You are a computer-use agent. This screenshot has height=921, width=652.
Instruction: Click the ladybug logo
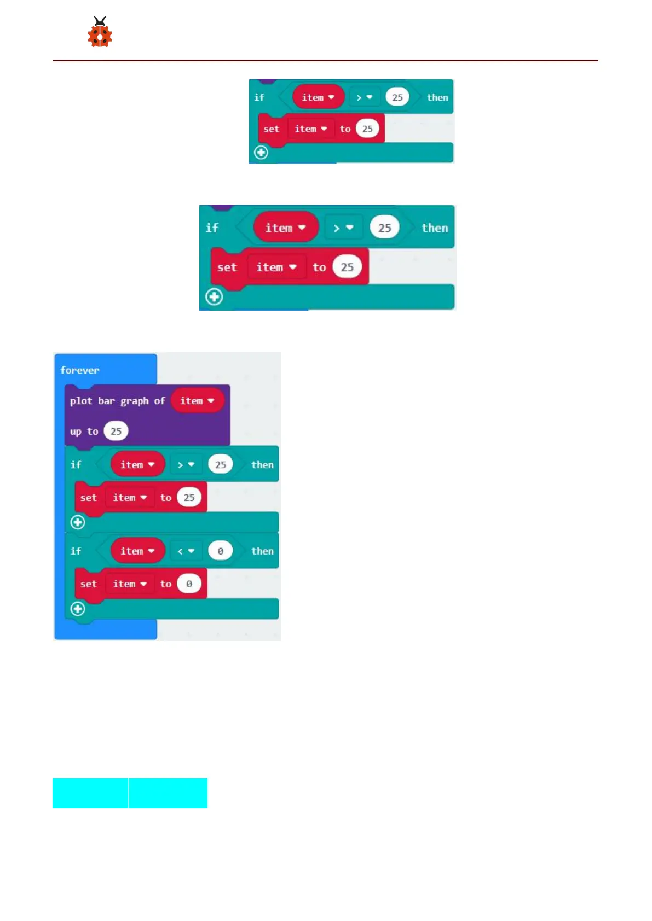coord(100,32)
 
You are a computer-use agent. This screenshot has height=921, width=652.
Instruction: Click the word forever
coord(80,370)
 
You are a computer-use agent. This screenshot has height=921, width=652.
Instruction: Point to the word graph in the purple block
coord(135,401)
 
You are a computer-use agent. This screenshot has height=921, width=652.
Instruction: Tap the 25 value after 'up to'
coord(116,432)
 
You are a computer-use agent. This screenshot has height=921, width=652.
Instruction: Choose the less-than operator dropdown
coord(186,551)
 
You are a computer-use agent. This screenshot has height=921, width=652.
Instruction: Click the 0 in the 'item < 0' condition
coord(220,551)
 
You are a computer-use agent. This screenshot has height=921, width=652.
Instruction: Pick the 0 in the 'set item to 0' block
coord(189,584)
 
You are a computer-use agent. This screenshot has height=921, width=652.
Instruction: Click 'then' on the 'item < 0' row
coord(262,551)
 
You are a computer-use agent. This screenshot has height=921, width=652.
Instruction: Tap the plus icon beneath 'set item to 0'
coord(78,609)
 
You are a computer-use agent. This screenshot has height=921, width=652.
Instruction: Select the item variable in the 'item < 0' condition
coord(137,551)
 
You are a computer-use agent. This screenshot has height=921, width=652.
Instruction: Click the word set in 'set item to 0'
coord(88,584)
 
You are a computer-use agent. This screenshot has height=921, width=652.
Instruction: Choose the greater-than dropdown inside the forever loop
coord(186,465)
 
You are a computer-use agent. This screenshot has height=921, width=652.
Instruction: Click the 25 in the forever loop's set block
coord(189,498)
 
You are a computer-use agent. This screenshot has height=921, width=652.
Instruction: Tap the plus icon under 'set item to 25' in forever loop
coord(78,522)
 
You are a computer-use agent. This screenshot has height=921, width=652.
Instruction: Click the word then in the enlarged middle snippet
coord(435,228)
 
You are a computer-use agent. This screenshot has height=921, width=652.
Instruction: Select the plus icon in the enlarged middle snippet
coord(214,297)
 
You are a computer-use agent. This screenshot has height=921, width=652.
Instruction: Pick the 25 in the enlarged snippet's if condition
coord(385,228)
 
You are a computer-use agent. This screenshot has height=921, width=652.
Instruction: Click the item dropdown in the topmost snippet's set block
coord(310,129)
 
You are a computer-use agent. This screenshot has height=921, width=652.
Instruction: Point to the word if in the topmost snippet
coord(259,97)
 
